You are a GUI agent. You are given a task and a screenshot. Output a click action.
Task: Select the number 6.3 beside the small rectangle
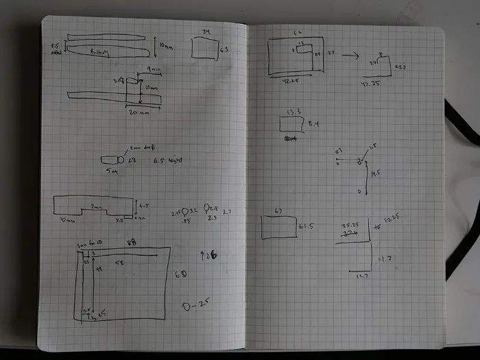(x=224, y=49)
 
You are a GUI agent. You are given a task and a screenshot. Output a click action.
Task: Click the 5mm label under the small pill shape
(x=112, y=171)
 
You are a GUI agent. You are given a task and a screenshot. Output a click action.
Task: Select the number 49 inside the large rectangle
(x=98, y=271)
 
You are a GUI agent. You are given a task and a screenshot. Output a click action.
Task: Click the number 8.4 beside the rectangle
(x=314, y=123)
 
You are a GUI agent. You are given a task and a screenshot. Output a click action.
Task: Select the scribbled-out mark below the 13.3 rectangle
(x=289, y=138)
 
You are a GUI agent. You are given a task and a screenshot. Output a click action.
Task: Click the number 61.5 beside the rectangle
(x=306, y=226)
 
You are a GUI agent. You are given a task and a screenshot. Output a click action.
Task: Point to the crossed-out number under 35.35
(x=350, y=233)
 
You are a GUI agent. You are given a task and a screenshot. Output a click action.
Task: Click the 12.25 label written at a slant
(x=391, y=219)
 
